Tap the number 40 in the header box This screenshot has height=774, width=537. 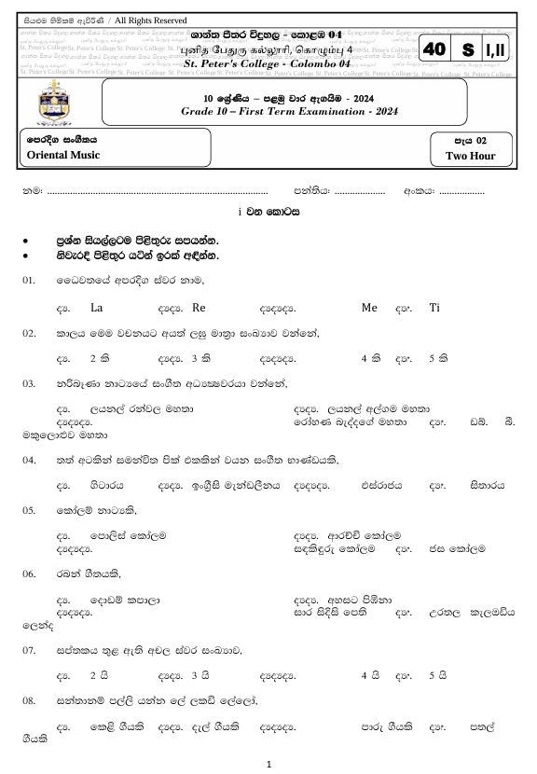click(435, 49)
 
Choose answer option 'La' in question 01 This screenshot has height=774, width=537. click(97, 307)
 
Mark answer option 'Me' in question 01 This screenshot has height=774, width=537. click(368, 307)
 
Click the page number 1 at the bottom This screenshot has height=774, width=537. click(268, 763)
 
